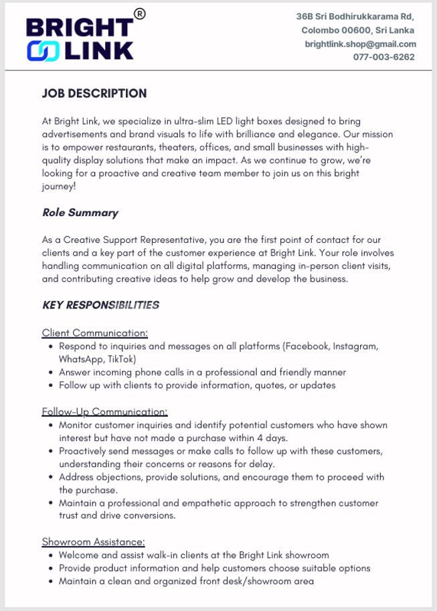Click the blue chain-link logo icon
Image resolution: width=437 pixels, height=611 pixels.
pyautogui.click(x=42, y=51)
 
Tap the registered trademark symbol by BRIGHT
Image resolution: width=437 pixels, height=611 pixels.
pyautogui.click(x=139, y=13)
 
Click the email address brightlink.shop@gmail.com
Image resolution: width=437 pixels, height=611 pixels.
pyautogui.click(x=360, y=44)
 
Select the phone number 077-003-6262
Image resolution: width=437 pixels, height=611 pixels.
pyautogui.click(x=383, y=57)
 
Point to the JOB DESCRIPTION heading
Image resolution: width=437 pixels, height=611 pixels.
pyautogui.click(x=94, y=94)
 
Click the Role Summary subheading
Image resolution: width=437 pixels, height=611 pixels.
pyautogui.click(x=80, y=213)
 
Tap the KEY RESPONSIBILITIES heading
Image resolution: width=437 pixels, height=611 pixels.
pyautogui.click(x=100, y=305)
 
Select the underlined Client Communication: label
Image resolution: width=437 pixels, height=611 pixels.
pyautogui.click(x=94, y=333)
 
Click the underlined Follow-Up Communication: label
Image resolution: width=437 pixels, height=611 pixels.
pyautogui.click(x=104, y=412)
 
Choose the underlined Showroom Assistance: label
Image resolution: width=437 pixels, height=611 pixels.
pyautogui.click(x=93, y=541)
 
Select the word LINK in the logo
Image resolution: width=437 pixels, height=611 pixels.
pyautogui.click(x=98, y=51)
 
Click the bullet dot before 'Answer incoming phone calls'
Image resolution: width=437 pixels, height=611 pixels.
pyautogui.click(x=52, y=372)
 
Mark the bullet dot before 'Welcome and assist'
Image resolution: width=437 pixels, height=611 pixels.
pyautogui.click(x=52, y=555)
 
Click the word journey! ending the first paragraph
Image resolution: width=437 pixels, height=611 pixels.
pyautogui.click(x=58, y=187)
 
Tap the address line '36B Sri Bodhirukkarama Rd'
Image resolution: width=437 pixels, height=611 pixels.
pyautogui.click(x=355, y=17)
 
